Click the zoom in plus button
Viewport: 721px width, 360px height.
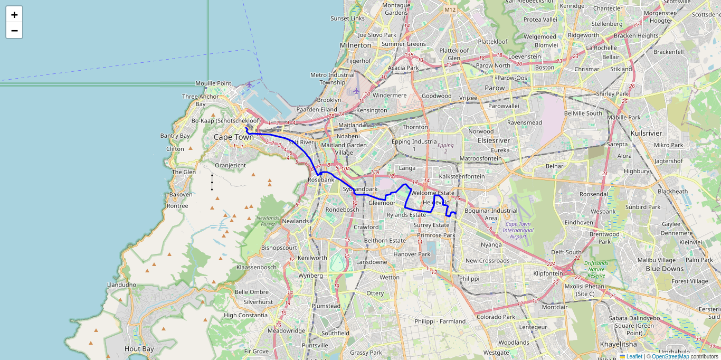pos(14,15)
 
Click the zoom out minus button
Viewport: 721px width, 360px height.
pos(14,31)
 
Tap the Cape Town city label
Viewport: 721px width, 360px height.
pos(233,137)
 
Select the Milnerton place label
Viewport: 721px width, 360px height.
pos(356,45)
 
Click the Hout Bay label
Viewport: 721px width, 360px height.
pos(139,349)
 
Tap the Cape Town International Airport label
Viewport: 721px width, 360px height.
pos(518,230)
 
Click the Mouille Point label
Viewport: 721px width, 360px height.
pos(213,83)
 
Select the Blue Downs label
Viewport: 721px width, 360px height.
pos(665,269)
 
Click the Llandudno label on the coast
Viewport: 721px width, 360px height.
pos(121,285)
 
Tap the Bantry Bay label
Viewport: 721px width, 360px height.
pos(175,136)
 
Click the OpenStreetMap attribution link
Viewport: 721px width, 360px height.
pos(670,356)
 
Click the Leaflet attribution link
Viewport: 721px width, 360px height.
pos(634,356)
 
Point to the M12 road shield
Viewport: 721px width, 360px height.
pos(450,10)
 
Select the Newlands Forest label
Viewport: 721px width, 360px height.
pos(268,221)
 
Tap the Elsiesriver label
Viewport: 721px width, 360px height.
pos(494,141)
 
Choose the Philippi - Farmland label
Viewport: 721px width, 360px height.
pos(440,321)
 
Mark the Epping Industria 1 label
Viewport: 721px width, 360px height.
pos(414,145)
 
